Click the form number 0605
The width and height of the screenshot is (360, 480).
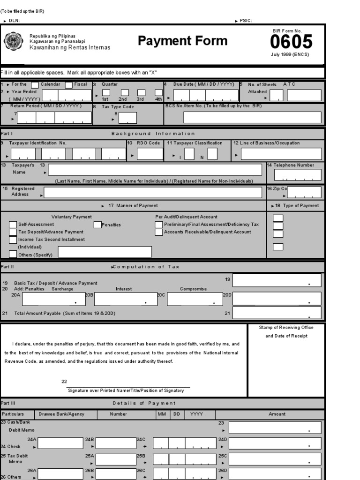coord(291,42)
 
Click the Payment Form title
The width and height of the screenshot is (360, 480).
coord(182,41)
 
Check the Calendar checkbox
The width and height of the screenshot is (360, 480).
coord(35,85)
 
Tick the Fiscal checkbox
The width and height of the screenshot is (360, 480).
coord(68,85)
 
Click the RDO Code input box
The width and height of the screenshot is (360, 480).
coord(150,154)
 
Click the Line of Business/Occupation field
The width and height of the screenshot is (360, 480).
coord(281,154)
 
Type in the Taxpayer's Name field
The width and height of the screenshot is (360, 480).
coord(155,170)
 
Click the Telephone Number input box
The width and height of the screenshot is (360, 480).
coord(298,175)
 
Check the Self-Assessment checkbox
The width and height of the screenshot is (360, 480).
coord(13,225)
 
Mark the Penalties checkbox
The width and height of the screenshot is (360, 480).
coord(97,225)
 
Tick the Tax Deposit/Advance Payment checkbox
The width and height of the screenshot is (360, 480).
coord(13,232)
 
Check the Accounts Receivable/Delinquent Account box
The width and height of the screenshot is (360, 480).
coord(159,232)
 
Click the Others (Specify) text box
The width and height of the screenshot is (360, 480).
coord(105,252)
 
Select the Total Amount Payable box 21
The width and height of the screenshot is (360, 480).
coord(277,313)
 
